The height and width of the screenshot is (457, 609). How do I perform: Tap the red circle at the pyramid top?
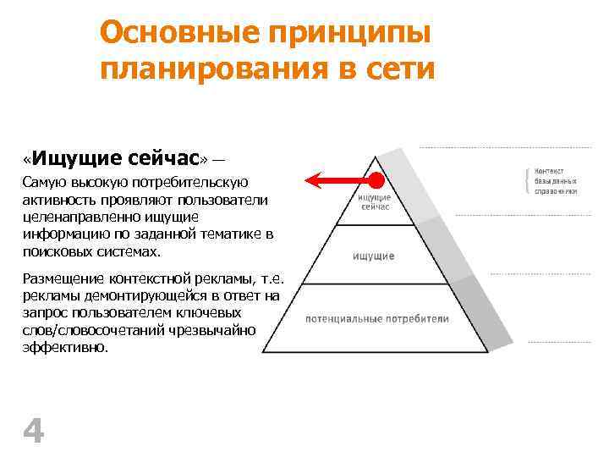[x=375, y=180]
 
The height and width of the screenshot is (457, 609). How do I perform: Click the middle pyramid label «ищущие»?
[x=375, y=256]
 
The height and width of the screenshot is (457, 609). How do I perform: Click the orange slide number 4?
[x=33, y=432]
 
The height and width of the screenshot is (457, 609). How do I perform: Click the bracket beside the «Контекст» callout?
[x=527, y=180]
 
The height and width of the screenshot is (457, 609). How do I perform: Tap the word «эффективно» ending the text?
[x=64, y=346]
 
